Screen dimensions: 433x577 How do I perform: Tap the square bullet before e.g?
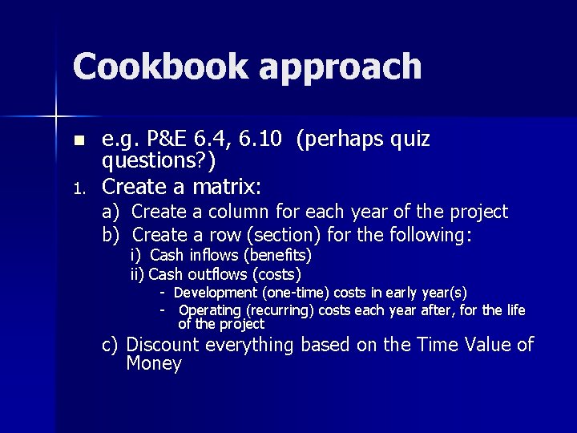78,141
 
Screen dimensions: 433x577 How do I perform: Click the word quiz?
410,140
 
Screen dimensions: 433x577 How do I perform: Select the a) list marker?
111,212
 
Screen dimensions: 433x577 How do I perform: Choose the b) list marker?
111,236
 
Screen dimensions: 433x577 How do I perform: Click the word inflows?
214,256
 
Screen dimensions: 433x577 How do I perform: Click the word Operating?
210,310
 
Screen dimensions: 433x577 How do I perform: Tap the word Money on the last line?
154,364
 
